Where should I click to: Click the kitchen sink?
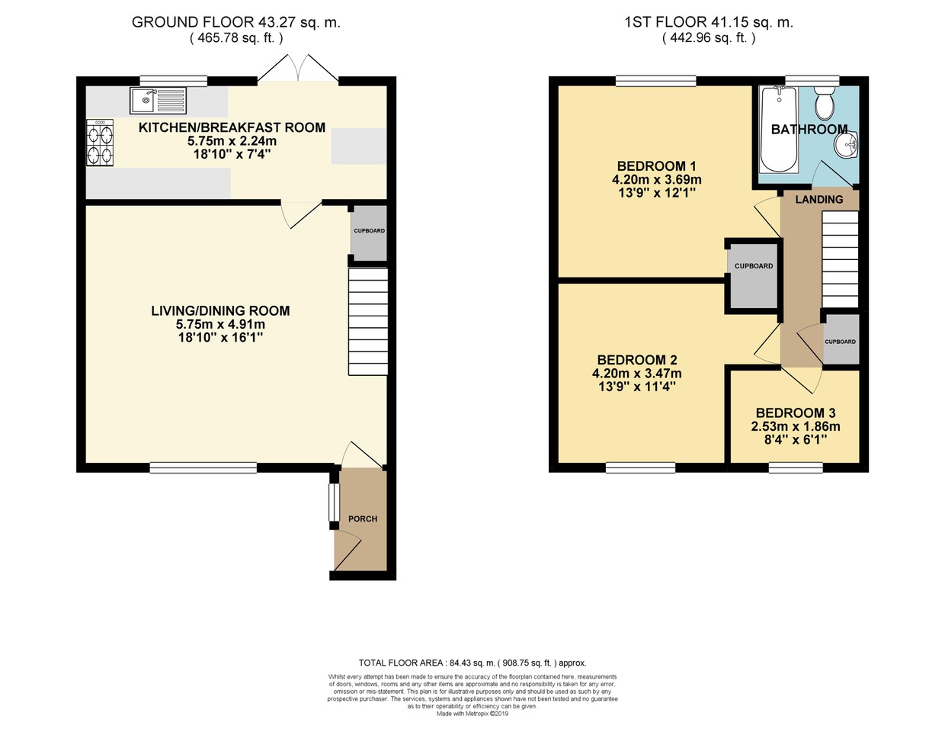[x=158, y=101]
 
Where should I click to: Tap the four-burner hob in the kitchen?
[x=100, y=143]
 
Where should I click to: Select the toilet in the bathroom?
[x=825, y=103]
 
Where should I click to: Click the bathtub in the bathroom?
[x=779, y=129]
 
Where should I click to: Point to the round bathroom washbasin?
[x=845, y=144]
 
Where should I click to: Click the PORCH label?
[x=363, y=518]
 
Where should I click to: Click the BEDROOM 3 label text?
[x=796, y=413]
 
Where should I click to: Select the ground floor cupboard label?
[x=369, y=231]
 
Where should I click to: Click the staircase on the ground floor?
[x=368, y=322]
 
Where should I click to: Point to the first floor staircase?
[x=840, y=260]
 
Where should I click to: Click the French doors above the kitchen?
[x=298, y=69]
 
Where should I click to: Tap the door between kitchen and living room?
[x=301, y=215]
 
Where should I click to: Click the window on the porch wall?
[x=333, y=502]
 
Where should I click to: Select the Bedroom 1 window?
[x=656, y=81]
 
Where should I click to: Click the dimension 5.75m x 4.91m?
[x=220, y=324]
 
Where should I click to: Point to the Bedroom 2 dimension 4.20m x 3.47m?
[x=636, y=373]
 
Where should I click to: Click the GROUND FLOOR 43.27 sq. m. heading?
[x=235, y=22]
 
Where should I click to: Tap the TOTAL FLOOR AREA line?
[x=472, y=663]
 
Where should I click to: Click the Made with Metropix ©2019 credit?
[x=472, y=714]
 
